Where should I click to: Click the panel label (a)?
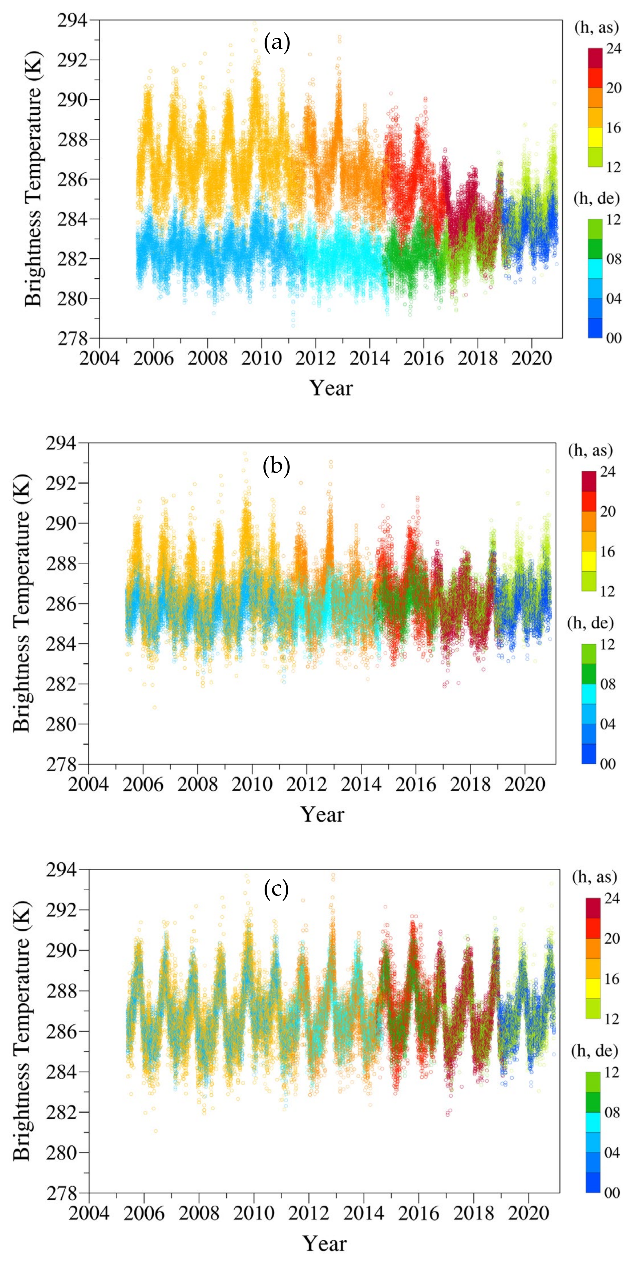pos(277,43)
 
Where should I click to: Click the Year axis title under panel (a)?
pos(331,388)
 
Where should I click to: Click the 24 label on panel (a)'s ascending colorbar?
pos(612,49)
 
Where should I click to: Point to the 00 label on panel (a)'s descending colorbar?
pos(612,338)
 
